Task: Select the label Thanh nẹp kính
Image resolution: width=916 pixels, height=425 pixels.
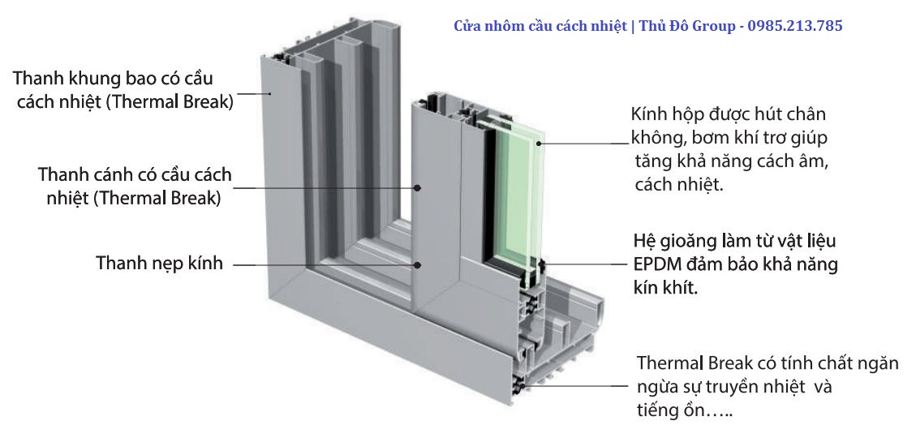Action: pos(159,264)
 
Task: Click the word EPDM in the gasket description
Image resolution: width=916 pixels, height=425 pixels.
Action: pos(656,265)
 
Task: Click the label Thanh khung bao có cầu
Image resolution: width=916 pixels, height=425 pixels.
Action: pos(118,79)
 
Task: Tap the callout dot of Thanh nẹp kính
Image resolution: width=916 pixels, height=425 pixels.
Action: pos(418,264)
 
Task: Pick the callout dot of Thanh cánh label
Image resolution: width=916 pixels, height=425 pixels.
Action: pos(418,187)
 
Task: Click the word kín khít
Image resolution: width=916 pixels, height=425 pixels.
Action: pos(665,288)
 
